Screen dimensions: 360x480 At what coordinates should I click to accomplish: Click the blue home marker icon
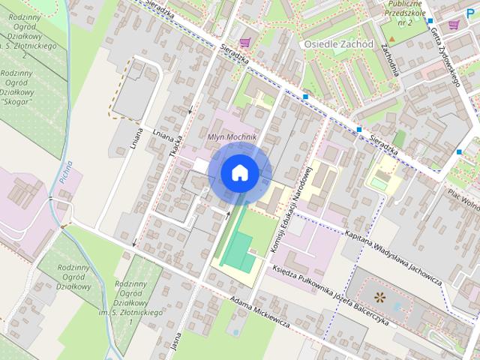tap(239, 173)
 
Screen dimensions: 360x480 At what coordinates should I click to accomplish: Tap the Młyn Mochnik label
tap(232, 138)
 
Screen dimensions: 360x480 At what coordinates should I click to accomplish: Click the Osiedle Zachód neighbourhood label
tap(338, 44)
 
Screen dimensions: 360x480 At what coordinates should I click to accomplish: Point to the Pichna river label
tap(67, 172)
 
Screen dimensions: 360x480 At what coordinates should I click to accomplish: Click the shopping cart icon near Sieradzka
tap(245, 42)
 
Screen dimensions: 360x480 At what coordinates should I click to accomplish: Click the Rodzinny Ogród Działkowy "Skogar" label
tap(16, 87)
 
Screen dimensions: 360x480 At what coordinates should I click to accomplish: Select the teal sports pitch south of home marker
tap(238, 251)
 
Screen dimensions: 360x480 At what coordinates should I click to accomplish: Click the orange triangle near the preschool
tap(392, 38)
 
